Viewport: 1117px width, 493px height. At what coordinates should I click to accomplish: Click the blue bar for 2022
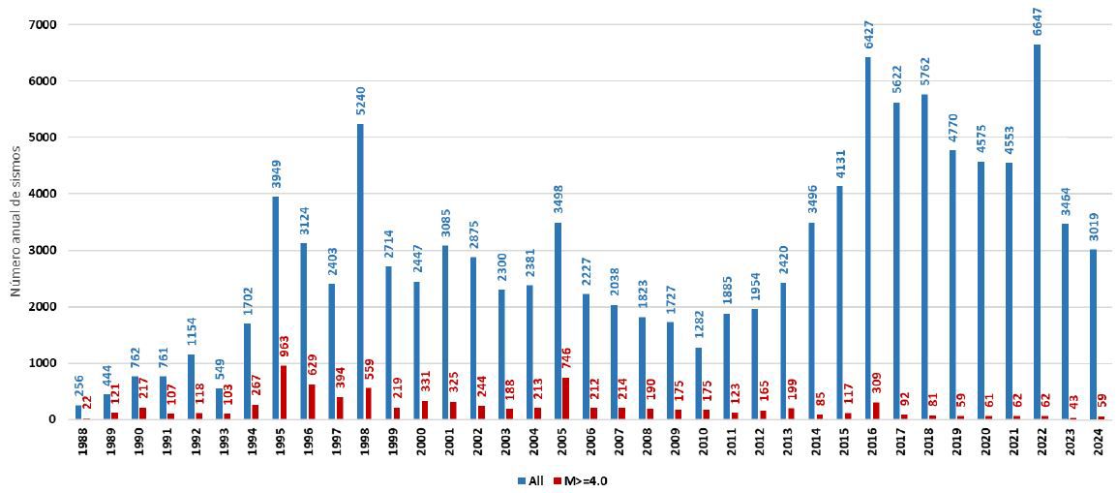click(1037, 231)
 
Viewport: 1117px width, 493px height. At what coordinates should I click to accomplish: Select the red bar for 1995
click(284, 392)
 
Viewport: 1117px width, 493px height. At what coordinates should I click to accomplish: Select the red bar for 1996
click(312, 402)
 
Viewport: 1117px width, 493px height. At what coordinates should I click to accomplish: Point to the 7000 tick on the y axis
click(54, 24)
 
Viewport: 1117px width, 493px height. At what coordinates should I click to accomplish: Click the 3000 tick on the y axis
click(54, 250)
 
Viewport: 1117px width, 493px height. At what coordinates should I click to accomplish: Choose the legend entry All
click(531, 480)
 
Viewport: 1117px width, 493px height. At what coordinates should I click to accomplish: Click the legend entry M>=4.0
click(585, 480)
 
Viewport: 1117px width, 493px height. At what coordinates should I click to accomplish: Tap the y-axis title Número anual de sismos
click(15, 223)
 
